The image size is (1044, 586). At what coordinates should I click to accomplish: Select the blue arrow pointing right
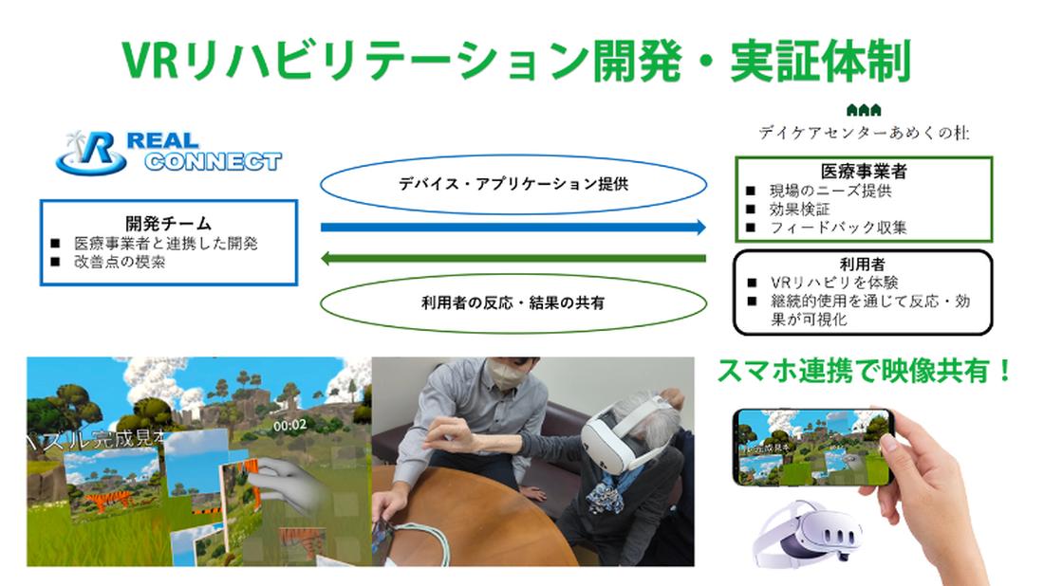[x=513, y=228]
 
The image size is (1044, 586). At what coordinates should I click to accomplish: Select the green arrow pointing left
[x=513, y=258]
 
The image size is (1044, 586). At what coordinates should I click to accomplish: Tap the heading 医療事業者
[x=865, y=172]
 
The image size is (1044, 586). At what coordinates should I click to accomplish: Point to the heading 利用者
[x=864, y=264]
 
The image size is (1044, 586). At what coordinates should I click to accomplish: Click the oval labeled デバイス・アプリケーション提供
[x=513, y=184]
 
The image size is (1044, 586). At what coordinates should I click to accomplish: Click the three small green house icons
[x=864, y=110]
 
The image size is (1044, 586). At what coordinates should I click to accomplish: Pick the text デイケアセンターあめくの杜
[x=864, y=133]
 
